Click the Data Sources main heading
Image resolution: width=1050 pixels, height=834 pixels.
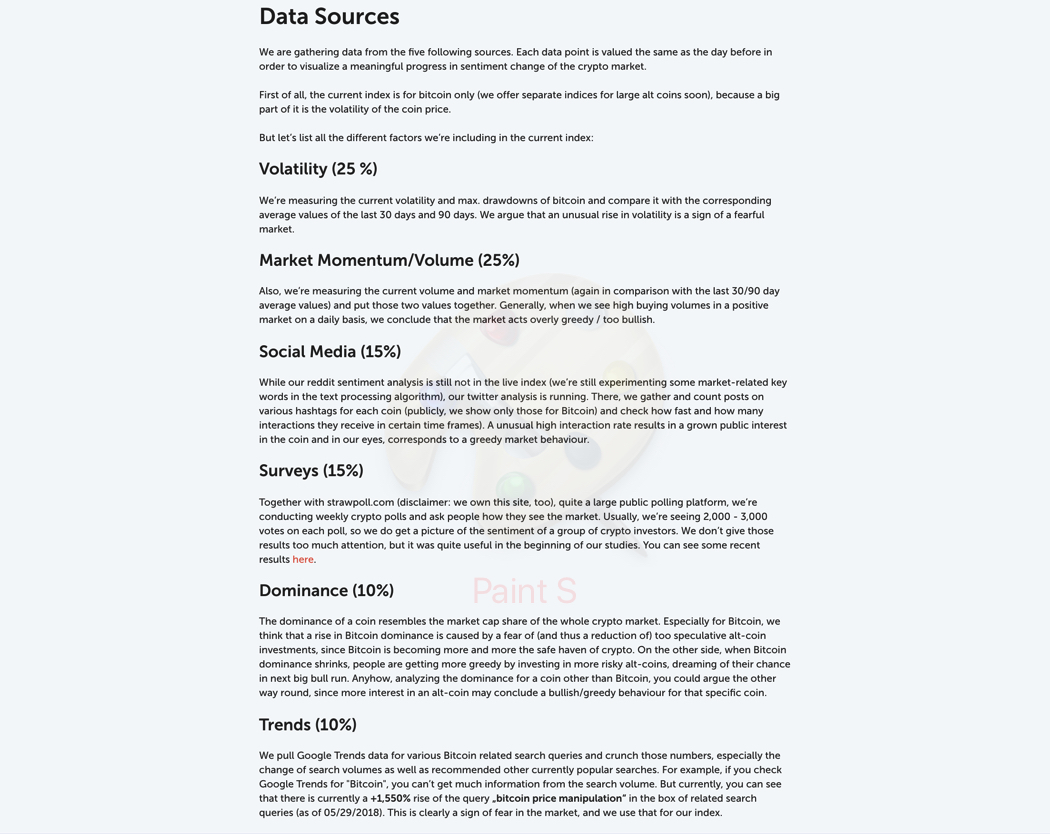tap(329, 17)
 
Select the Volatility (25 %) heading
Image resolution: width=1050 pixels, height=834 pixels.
tap(318, 169)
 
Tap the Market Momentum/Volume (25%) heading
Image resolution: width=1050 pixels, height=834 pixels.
tap(389, 260)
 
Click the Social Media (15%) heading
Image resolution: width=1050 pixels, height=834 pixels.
tap(330, 352)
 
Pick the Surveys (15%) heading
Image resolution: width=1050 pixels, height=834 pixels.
tap(311, 471)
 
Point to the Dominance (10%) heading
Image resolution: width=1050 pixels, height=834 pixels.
tap(326, 591)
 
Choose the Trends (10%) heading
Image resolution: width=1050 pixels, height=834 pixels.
tap(308, 725)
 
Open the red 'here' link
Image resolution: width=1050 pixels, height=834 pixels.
tap(303, 560)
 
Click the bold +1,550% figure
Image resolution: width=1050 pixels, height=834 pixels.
tap(390, 799)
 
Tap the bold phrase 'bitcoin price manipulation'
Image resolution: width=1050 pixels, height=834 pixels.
tap(559, 799)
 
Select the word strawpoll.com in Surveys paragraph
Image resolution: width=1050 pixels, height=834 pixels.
tap(360, 503)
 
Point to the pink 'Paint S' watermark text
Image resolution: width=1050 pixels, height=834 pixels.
tap(524, 591)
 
